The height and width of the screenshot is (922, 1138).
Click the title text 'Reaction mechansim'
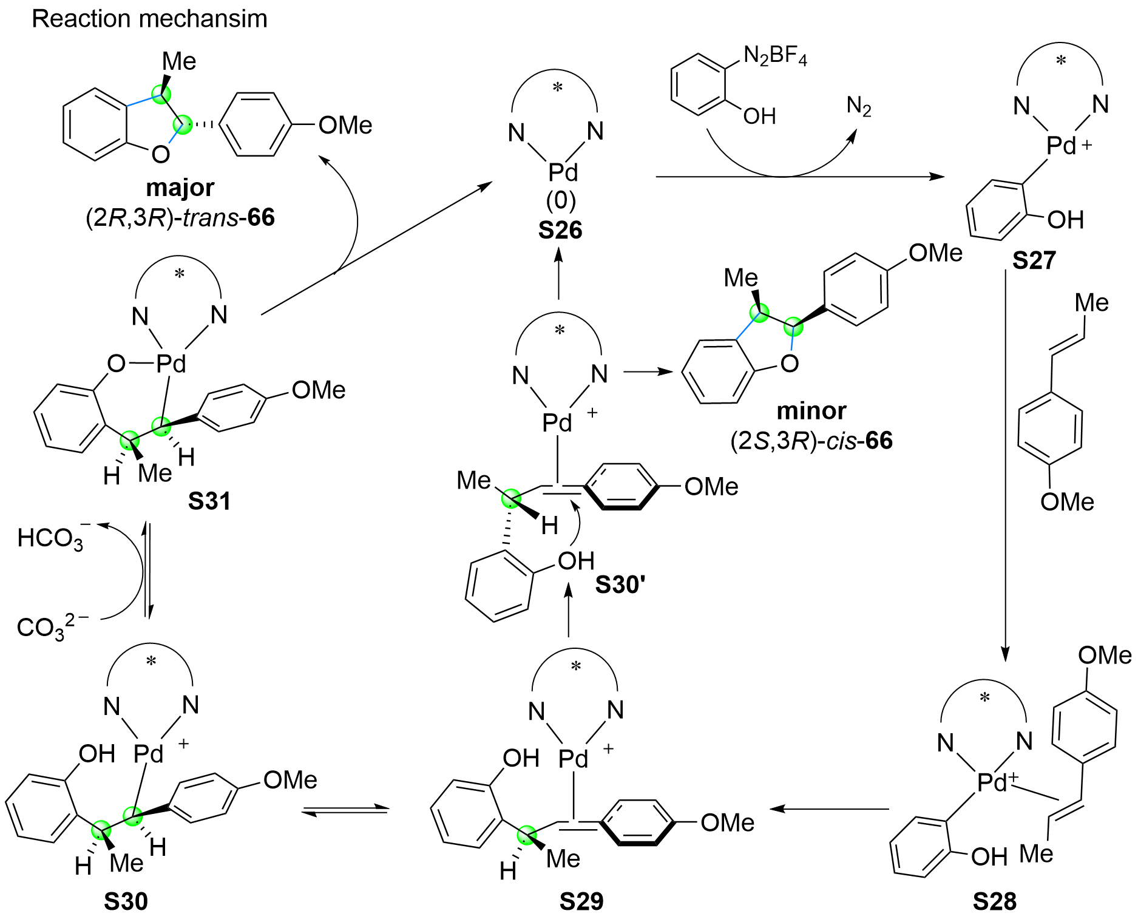[x=149, y=19]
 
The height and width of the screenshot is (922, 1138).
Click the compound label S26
[x=560, y=231]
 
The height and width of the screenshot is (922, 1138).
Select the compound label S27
[x=1034, y=260]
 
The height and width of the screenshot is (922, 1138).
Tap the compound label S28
[x=994, y=902]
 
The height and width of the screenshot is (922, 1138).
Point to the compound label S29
[x=581, y=902]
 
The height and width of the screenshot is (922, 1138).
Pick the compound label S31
[x=209, y=501]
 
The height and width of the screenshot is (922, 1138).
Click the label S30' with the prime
[x=620, y=585]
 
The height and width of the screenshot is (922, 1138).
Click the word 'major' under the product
[x=180, y=188]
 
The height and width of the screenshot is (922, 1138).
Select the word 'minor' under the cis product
[x=811, y=411]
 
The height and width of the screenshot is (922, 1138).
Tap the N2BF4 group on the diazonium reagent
[x=775, y=56]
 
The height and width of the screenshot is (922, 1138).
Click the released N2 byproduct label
[x=859, y=107]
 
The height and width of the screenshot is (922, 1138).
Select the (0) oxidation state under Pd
[x=560, y=200]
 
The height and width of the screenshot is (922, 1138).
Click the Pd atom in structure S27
[x=1061, y=146]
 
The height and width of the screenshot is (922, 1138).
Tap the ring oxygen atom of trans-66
[x=160, y=154]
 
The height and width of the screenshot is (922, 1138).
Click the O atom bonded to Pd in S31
[x=116, y=364]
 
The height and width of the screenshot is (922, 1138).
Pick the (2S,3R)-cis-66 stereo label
[x=811, y=441]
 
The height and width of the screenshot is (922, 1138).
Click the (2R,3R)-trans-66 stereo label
[x=180, y=217]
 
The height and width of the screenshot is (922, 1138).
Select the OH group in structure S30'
[x=575, y=561]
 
